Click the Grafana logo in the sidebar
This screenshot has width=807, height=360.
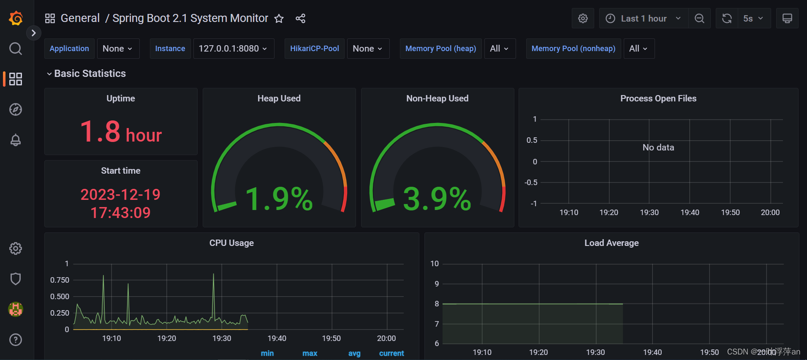[x=16, y=18]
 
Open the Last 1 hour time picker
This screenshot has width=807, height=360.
[x=643, y=19]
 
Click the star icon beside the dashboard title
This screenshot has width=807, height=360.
[x=279, y=19]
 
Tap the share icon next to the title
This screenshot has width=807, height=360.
[x=300, y=19]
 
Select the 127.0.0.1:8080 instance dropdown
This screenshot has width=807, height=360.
[x=233, y=49]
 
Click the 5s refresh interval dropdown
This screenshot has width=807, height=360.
[x=753, y=19]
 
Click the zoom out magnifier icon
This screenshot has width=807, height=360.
[x=699, y=19]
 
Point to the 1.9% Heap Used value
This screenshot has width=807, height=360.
[x=279, y=199]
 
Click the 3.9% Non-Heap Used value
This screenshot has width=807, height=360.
[x=437, y=199]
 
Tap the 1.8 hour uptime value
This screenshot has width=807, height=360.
[x=121, y=132]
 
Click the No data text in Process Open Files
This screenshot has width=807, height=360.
[x=658, y=147]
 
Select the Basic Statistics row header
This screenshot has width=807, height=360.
[x=90, y=74]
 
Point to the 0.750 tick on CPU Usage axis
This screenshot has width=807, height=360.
[x=60, y=280]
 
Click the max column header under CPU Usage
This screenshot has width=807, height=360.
[x=310, y=353]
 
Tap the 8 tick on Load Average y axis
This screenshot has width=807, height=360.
[x=437, y=304]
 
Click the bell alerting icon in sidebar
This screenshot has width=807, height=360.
[x=16, y=140]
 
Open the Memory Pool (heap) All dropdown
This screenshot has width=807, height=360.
[x=499, y=49]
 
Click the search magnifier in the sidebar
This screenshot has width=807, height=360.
[x=16, y=49]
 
